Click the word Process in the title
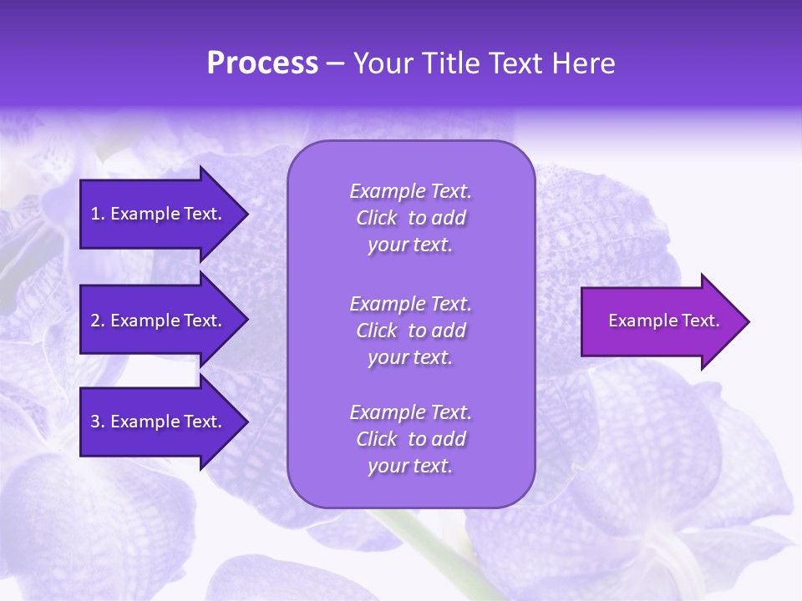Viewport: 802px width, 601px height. pos(262,63)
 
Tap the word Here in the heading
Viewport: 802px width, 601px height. pos(584,63)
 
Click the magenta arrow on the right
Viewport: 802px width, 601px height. pos(660,321)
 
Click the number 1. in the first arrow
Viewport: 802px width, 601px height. pos(97,214)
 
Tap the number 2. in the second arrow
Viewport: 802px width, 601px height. pos(97,321)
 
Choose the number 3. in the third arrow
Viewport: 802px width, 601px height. pos(97,422)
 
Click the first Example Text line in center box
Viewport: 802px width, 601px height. pos(410,191)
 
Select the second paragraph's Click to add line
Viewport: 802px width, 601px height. pos(410,331)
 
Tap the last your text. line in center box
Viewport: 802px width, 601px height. pos(410,466)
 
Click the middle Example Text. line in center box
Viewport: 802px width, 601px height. pos(410,304)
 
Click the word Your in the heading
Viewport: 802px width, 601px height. pos(381,63)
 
